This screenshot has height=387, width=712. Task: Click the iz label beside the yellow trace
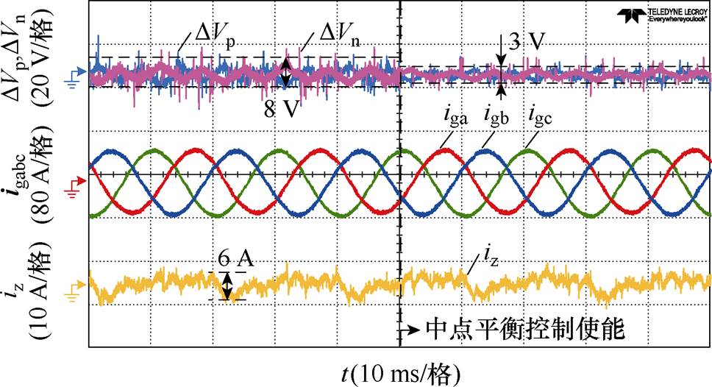489,255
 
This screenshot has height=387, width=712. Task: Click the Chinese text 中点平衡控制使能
526,330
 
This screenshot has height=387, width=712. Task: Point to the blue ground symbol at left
71,74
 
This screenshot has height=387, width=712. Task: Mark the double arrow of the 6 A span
228,285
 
